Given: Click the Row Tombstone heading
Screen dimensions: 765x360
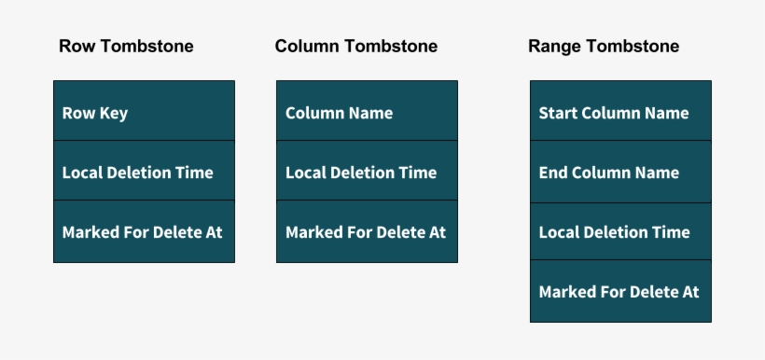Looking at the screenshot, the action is pos(126,46).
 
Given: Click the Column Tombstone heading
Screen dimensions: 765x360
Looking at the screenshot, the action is pos(355,46).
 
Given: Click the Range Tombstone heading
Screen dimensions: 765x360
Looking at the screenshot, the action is pos(603,46).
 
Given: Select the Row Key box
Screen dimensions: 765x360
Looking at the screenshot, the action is pos(144,112).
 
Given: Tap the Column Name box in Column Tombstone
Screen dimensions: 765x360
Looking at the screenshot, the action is pos(367,112).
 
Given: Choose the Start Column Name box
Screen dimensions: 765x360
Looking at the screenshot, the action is pos(620,112).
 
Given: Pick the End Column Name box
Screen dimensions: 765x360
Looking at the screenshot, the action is pos(620,173).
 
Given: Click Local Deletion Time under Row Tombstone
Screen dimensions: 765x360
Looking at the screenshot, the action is pos(144,173).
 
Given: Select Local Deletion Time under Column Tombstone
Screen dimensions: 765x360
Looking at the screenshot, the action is pos(367,173).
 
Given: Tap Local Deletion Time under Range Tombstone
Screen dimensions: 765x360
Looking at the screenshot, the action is pos(620,232).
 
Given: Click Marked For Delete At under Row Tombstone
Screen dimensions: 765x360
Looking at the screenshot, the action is pos(144,232).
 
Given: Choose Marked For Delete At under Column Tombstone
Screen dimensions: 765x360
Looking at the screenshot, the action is pos(367,232).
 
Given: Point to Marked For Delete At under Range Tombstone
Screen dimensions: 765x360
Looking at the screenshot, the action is pos(620,292).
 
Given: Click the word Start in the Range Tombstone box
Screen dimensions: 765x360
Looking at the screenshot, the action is pos(558,113).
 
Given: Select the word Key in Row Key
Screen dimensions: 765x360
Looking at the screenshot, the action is pos(114,114).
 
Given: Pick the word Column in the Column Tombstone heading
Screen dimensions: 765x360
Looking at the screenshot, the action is pos(305,46).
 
